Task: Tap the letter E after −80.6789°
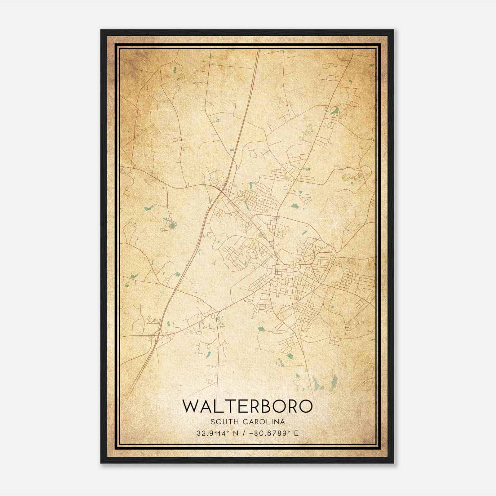click(x=297, y=433)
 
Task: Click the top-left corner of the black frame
click(x=101, y=30)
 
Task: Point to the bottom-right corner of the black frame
click(x=394, y=463)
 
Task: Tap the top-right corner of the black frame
click(x=394, y=30)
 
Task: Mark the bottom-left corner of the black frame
click(x=101, y=463)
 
